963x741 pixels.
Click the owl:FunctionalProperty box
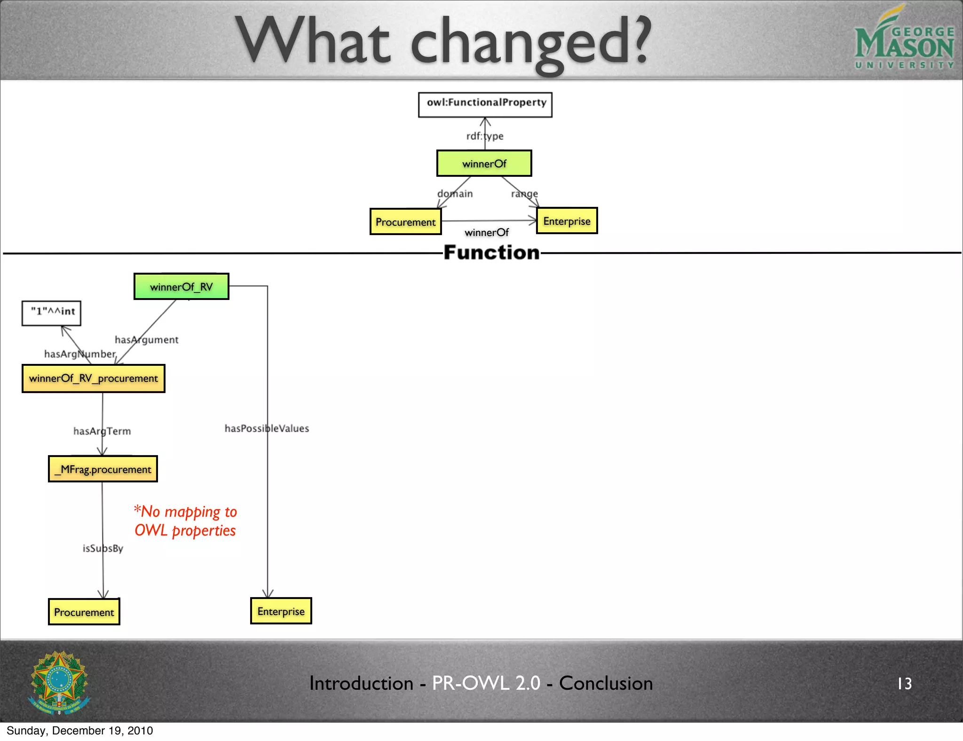485,104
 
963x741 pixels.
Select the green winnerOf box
484,163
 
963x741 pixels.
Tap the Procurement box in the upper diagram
405,221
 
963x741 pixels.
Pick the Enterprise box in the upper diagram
567,221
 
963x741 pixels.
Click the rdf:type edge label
484,136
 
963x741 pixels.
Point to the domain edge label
455,193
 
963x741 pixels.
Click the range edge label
524,193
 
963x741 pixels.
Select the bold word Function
491,252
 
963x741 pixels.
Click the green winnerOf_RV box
181,286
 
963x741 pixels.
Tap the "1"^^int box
52,313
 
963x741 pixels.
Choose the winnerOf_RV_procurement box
93,378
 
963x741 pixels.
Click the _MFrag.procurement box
103,469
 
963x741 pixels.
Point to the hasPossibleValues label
267,428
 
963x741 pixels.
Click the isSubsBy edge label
103,548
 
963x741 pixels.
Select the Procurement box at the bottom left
84,612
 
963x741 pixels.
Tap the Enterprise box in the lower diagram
281,611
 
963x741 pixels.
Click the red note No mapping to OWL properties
185,520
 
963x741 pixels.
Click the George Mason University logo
904,40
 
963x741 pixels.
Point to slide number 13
904,683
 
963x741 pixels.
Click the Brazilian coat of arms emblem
59,682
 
